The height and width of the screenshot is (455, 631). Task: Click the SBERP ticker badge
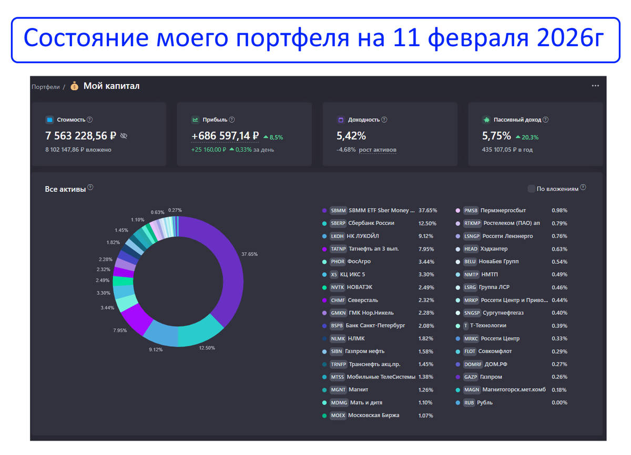338,223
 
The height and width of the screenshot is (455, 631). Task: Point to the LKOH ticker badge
337,236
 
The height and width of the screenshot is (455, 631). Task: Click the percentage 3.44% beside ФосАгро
426,262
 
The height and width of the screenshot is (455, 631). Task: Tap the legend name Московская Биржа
373,415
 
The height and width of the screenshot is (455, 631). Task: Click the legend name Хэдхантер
494,249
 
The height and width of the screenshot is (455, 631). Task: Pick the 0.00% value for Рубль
559,402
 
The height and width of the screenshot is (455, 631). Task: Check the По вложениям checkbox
532,189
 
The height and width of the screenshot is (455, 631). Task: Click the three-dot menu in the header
595,86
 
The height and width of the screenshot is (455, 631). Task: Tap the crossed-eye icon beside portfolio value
124,136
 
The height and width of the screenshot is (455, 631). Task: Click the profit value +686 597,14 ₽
225,136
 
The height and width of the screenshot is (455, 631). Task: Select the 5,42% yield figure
351,136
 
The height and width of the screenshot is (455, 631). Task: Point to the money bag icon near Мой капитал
74,86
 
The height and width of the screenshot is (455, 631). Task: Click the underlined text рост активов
378,150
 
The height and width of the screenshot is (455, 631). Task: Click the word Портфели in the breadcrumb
45,87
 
